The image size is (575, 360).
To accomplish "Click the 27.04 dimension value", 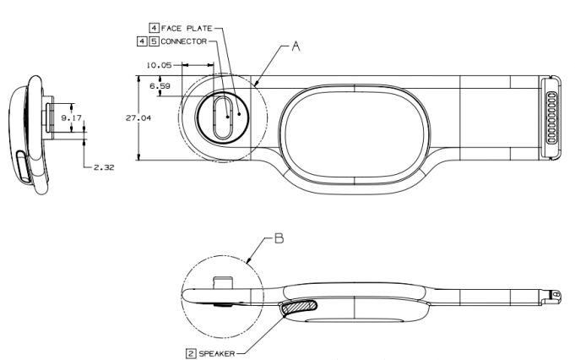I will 138,118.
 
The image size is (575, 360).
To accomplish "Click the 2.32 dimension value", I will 103,169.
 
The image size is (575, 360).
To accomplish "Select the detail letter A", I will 296,48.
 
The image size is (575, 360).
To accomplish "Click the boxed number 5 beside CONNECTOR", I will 154,41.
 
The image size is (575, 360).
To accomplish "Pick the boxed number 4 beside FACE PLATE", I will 155,28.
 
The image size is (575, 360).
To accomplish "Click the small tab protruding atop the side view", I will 222,281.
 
